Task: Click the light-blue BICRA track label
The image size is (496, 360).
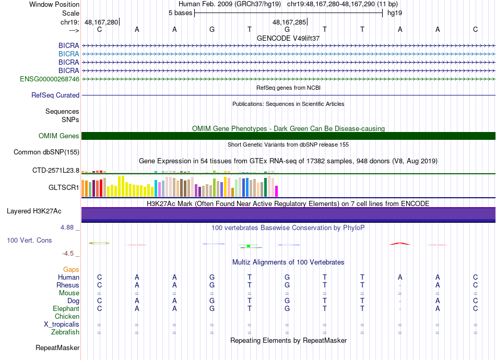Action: coord(68,54)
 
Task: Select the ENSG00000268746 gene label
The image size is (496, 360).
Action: coord(50,79)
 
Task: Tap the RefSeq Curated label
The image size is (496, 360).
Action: coord(55,95)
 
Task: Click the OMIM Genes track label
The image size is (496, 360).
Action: coord(59,136)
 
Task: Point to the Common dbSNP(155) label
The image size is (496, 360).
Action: coord(46,152)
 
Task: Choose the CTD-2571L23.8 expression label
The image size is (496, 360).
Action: coord(56,171)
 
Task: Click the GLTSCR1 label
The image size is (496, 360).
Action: coord(64,187)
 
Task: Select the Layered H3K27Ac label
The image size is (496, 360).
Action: coord(34,211)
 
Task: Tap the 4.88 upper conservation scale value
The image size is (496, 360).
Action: coord(67,227)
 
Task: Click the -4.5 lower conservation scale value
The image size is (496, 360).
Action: coord(68,254)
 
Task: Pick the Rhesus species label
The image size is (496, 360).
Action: coord(68,285)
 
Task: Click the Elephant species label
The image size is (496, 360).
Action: coord(66,308)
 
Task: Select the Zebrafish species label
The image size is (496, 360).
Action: coord(65,332)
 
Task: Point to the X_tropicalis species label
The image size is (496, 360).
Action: coord(62,325)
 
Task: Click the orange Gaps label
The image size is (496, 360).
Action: coord(71,269)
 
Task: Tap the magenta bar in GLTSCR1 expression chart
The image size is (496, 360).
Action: coord(277,191)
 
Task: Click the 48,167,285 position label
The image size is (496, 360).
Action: coord(289,22)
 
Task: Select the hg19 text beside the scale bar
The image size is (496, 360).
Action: coord(395,13)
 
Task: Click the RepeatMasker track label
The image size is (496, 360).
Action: coord(57,347)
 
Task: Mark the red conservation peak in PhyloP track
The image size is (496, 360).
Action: coord(400,243)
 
